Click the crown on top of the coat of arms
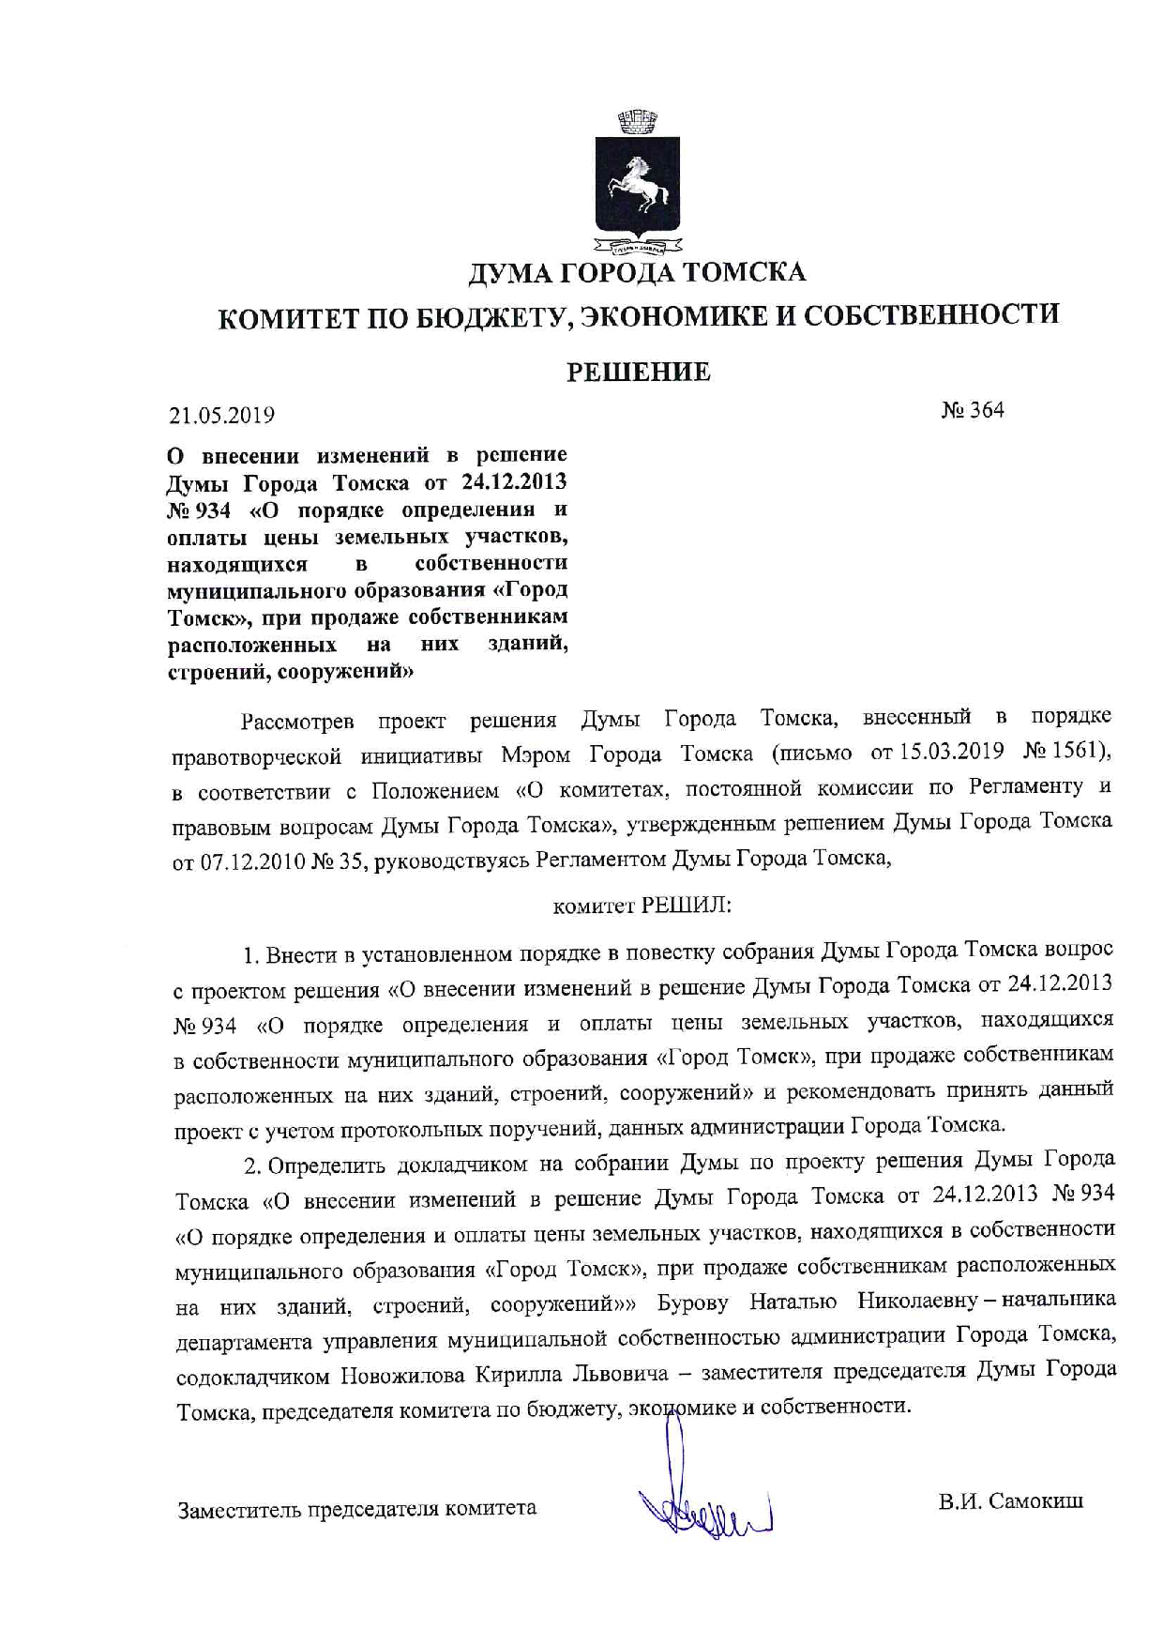638,121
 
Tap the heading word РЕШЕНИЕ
638,373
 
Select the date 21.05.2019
222,415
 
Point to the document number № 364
972,410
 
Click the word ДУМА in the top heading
511,273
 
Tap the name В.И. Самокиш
1011,1500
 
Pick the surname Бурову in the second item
696,1303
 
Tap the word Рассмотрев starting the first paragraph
297,722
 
